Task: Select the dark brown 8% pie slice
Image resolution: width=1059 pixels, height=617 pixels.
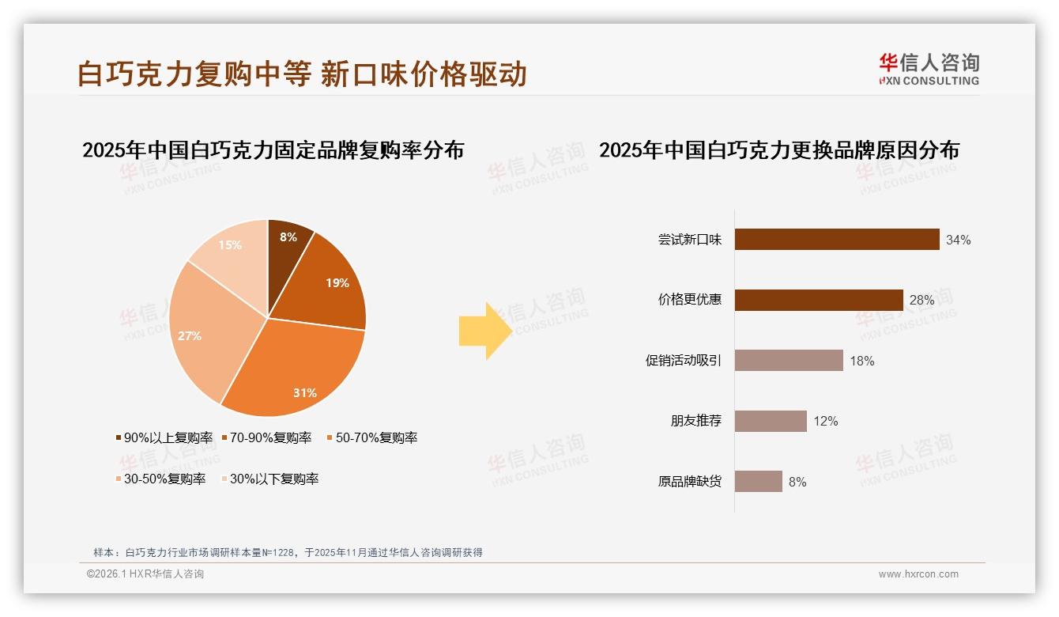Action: [288, 245]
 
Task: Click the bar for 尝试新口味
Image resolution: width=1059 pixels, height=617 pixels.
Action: [837, 240]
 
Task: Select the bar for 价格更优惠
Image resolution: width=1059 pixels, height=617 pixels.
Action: [819, 300]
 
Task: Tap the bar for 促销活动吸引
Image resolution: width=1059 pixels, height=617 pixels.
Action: [789, 361]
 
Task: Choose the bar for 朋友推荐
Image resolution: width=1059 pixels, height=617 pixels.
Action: [771, 421]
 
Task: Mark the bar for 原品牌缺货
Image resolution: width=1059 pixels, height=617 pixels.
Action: [759, 482]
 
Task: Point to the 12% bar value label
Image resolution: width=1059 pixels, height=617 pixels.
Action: [825, 422]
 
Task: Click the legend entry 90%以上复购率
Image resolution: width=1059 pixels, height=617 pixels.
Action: [164, 437]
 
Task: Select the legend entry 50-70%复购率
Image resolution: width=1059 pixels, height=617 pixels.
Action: [371, 437]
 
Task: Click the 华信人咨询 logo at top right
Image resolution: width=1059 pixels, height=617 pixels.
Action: [929, 69]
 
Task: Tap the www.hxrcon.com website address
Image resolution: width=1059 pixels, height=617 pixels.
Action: [918, 574]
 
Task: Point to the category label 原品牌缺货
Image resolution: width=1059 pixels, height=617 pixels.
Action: [690, 482]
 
